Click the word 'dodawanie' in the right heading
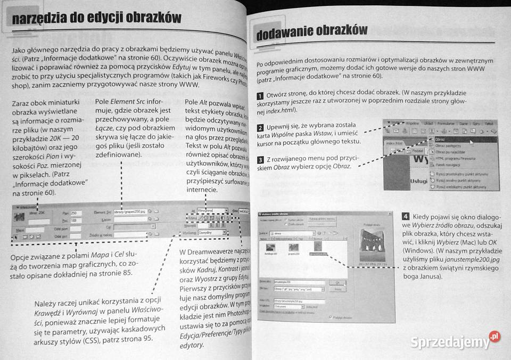288,33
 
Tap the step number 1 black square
260,95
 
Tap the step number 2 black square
260,128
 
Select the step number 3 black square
260,160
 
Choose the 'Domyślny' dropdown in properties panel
211,233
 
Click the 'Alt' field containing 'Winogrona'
211,210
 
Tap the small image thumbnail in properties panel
20,217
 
